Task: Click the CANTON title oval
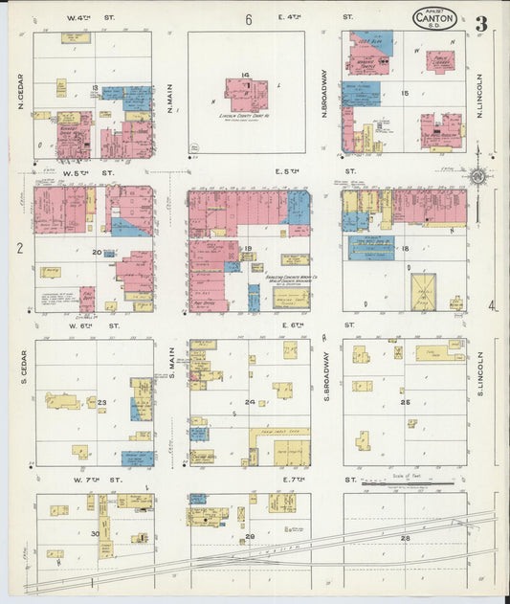[x=435, y=18]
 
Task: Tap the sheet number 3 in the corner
[x=481, y=24]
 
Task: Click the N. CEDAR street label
[x=20, y=92]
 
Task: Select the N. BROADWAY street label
[x=325, y=92]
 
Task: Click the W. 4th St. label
[x=91, y=18]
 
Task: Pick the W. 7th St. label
[x=91, y=478]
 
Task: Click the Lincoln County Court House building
[x=247, y=95]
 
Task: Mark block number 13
[x=95, y=88]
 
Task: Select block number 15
[x=405, y=93]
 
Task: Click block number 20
[x=96, y=252]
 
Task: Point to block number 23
[x=101, y=402]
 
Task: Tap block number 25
[x=405, y=402]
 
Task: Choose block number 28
[x=405, y=539]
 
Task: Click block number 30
[x=95, y=533]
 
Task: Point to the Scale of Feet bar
[x=412, y=483]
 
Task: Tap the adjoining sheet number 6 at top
[x=248, y=19]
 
